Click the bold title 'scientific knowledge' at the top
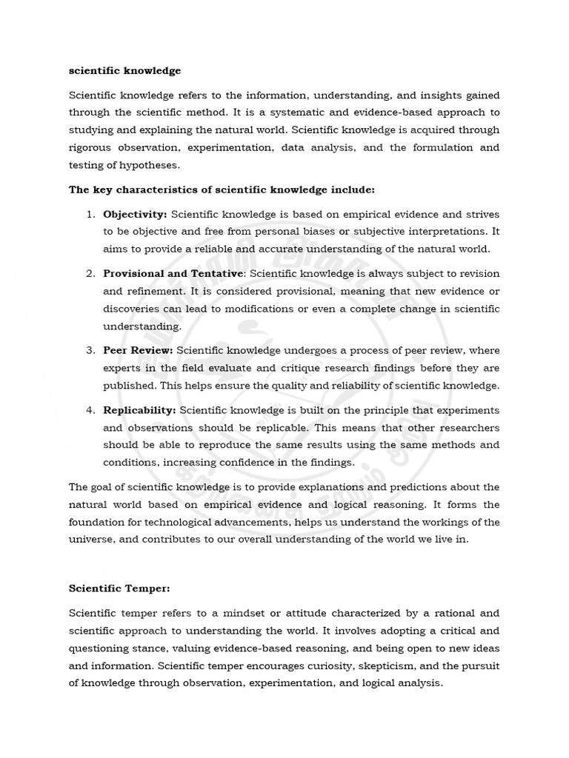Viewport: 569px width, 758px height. click(124, 71)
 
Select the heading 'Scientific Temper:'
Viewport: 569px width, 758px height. click(119, 588)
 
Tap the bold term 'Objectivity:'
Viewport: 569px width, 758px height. click(135, 214)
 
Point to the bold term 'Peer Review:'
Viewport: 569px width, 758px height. click(138, 351)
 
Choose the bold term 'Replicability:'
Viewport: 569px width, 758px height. click(139, 410)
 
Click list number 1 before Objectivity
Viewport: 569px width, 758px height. click(90, 214)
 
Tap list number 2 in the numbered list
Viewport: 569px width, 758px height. click(90, 274)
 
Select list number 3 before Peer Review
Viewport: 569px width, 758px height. click(90, 351)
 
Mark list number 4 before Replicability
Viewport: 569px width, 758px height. click(90, 410)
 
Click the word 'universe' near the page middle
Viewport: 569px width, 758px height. click(91, 540)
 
